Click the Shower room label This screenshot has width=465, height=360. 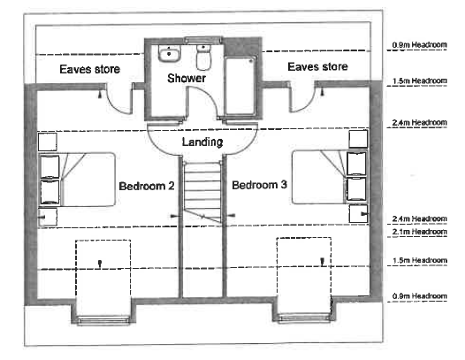[187, 78]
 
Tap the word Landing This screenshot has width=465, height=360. [202, 142]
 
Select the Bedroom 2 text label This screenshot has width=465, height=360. [147, 186]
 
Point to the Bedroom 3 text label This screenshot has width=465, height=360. [260, 185]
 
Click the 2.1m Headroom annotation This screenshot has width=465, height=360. [419, 232]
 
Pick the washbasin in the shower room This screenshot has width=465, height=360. [169, 54]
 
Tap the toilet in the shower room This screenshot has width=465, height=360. [203, 57]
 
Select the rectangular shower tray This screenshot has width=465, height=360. [240, 86]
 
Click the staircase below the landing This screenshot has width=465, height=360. [202, 191]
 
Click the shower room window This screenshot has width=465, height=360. [202, 40]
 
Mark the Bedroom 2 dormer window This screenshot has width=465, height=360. [103, 320]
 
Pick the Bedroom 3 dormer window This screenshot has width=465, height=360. [304, 318]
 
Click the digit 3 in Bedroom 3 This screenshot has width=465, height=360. [284, 185]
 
